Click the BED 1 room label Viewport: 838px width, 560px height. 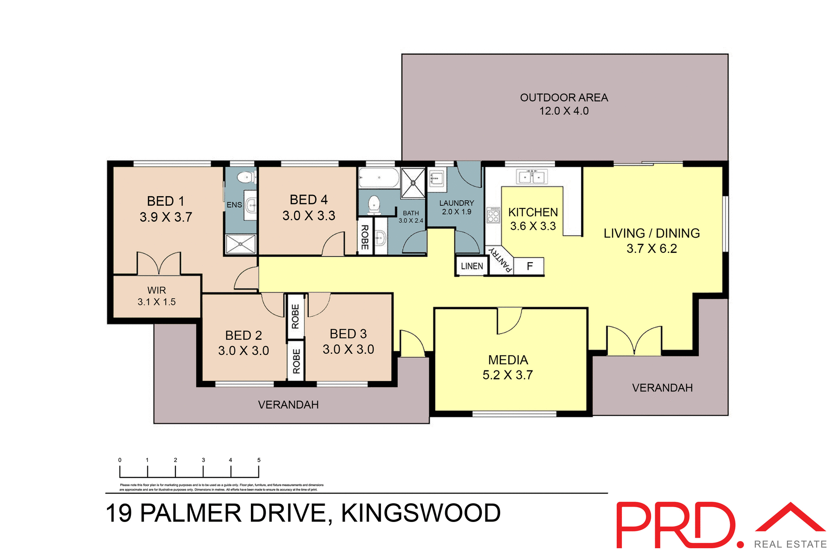point(165,201)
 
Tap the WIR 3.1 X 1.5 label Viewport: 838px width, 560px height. point(156,296)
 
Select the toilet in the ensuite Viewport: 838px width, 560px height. point(246,177)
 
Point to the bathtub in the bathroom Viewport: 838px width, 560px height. point(378,178)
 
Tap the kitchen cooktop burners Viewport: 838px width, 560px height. point(493,214)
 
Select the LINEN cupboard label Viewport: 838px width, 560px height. point(471,266)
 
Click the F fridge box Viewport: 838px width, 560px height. point(529,266)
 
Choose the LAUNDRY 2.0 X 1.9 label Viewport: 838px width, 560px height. point(457,207)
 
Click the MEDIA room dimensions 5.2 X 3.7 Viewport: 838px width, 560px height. point(508,375)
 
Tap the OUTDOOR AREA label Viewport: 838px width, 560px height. point(564,98)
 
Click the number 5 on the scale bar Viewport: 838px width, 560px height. point(259,460)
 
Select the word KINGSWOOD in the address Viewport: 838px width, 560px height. point(420,513)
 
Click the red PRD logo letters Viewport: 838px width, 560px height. point(674,525)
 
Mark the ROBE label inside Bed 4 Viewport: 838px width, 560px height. point(365,237)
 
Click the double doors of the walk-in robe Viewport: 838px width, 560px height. point(159,264)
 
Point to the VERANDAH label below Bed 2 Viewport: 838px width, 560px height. point(288,405)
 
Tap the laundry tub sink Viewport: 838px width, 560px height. point(436,179)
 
